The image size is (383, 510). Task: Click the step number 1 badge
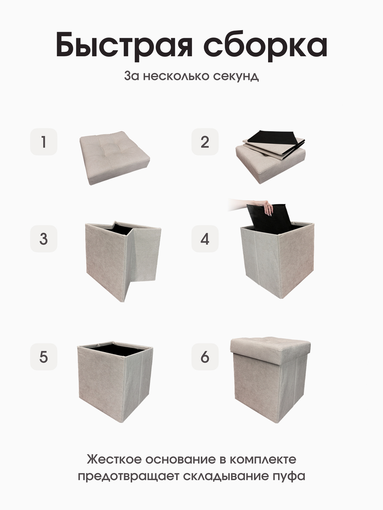(x=44, y=142)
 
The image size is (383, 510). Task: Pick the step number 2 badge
(x=205, y=142)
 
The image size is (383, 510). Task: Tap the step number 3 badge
(x=44, y=239)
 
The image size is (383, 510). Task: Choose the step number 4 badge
(x=205, y=239)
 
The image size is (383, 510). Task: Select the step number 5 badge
(x=44, y=357)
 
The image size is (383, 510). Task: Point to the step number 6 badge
(x=205, y=357)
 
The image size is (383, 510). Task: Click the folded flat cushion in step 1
(x=115, y=158)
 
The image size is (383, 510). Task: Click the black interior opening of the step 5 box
(x=116, y=350)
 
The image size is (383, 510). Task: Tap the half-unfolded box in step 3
(x=123, y=261)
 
